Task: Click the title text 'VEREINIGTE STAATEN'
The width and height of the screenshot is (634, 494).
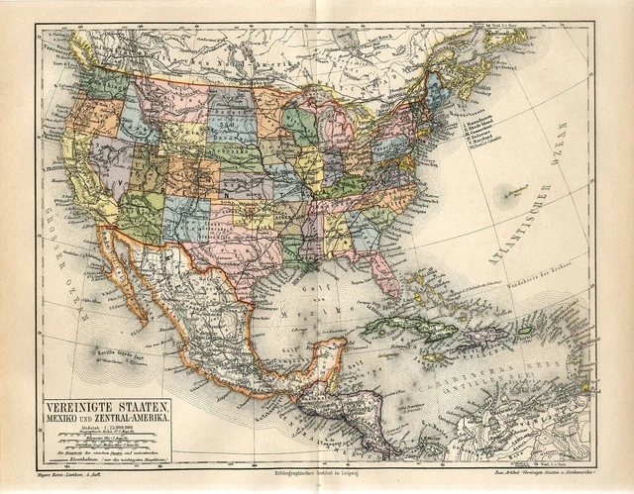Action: coord(106,406)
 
